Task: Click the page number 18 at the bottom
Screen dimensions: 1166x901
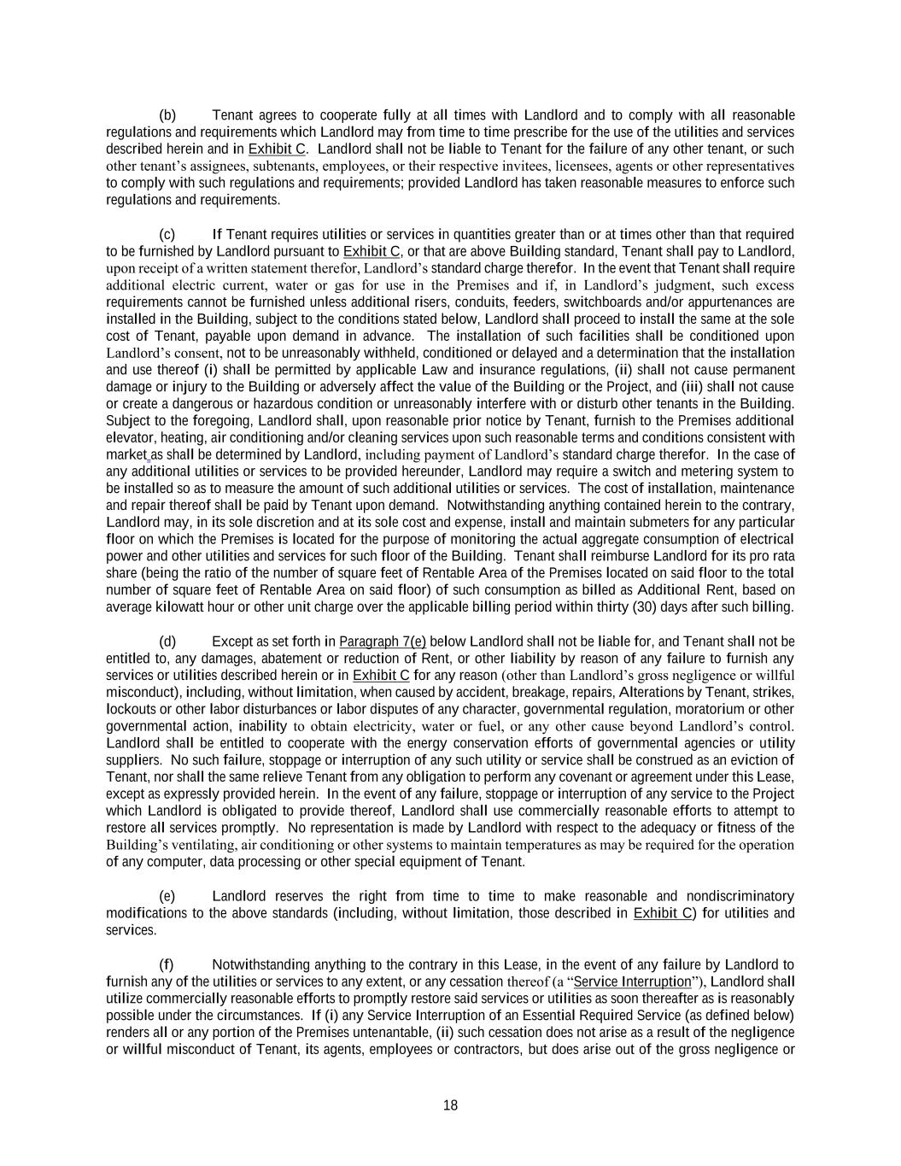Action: tap(450, 1105)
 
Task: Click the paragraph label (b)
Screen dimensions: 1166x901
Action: tap(167, 115)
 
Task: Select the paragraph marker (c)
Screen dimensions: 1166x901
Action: tap(167, 235)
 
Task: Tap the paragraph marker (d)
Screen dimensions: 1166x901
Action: tap(167, 642)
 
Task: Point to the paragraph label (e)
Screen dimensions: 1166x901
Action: tap(167, 896)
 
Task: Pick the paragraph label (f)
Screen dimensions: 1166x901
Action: tap(167, 964)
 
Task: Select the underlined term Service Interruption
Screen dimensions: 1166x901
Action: tap(633, 981)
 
